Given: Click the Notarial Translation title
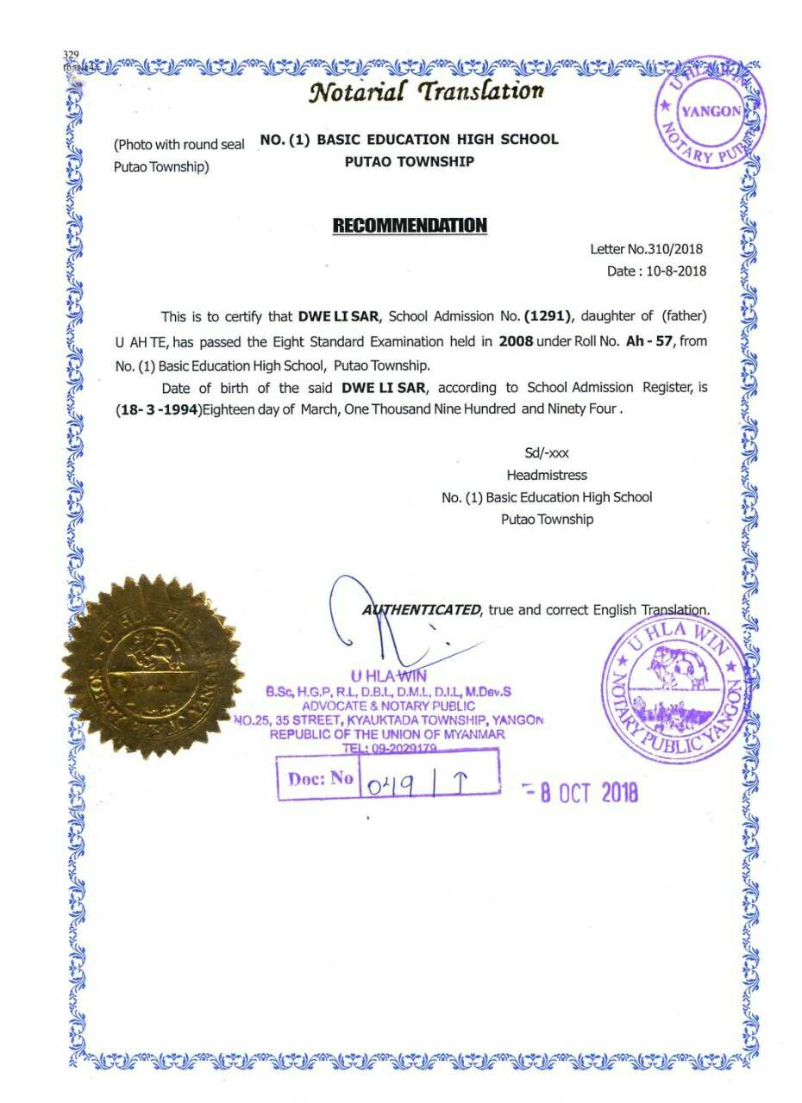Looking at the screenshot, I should tap(426, 90).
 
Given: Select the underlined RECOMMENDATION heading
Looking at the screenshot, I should tap(410, 226).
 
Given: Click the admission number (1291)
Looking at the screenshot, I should tap(548, 316).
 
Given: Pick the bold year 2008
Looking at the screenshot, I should tap(516, 341).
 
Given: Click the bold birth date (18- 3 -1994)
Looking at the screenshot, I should tap(158, 410).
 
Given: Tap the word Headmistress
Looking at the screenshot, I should tap(547, 475).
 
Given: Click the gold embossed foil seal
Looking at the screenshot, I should tap(153, 666).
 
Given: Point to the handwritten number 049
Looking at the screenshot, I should tap(391, 784).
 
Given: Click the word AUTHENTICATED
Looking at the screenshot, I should tap(422, 610).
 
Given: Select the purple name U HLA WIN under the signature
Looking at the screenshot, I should tap(388, 676).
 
